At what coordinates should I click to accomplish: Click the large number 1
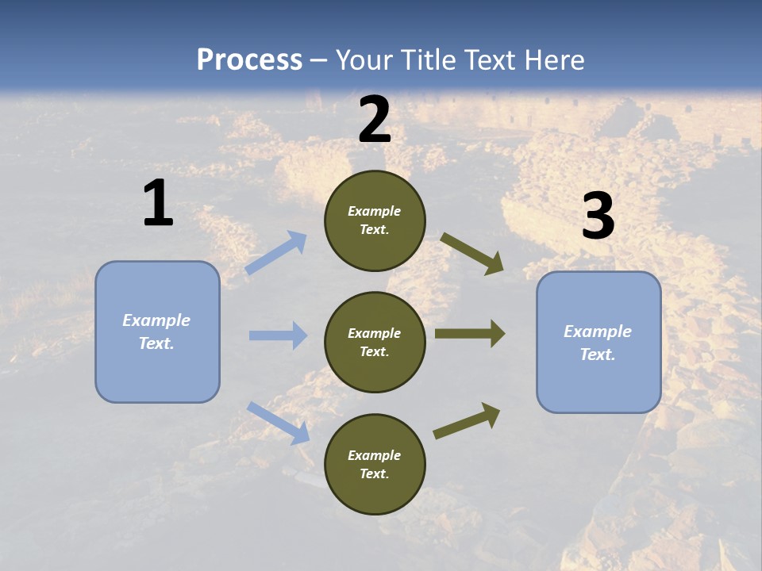pos(158,204)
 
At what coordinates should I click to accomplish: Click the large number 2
pos(375,120)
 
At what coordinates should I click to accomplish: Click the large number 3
pos(598,217)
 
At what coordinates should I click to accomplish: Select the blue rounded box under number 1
pos(157,331)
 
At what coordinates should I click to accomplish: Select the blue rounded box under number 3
pos(598,342)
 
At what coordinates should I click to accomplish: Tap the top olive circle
pos(375,220)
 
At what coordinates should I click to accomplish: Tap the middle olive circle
pos(375,342)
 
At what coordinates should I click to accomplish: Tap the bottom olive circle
pos(375,464)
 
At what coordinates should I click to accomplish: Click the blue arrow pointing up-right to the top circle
pos(276,252)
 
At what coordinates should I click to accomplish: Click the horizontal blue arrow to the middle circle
pos(278,335)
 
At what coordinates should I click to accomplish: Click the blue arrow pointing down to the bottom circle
pos(278,422)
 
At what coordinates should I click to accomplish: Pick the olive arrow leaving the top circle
pos(472,254)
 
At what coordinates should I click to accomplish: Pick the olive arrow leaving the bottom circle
pos(467,420)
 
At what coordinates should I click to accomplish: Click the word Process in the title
pos(249,60)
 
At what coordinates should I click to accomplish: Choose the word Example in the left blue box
pos(156,320)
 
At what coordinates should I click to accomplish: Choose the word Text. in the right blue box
pos(598,354)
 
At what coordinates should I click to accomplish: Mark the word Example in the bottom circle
pos(375,455)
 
